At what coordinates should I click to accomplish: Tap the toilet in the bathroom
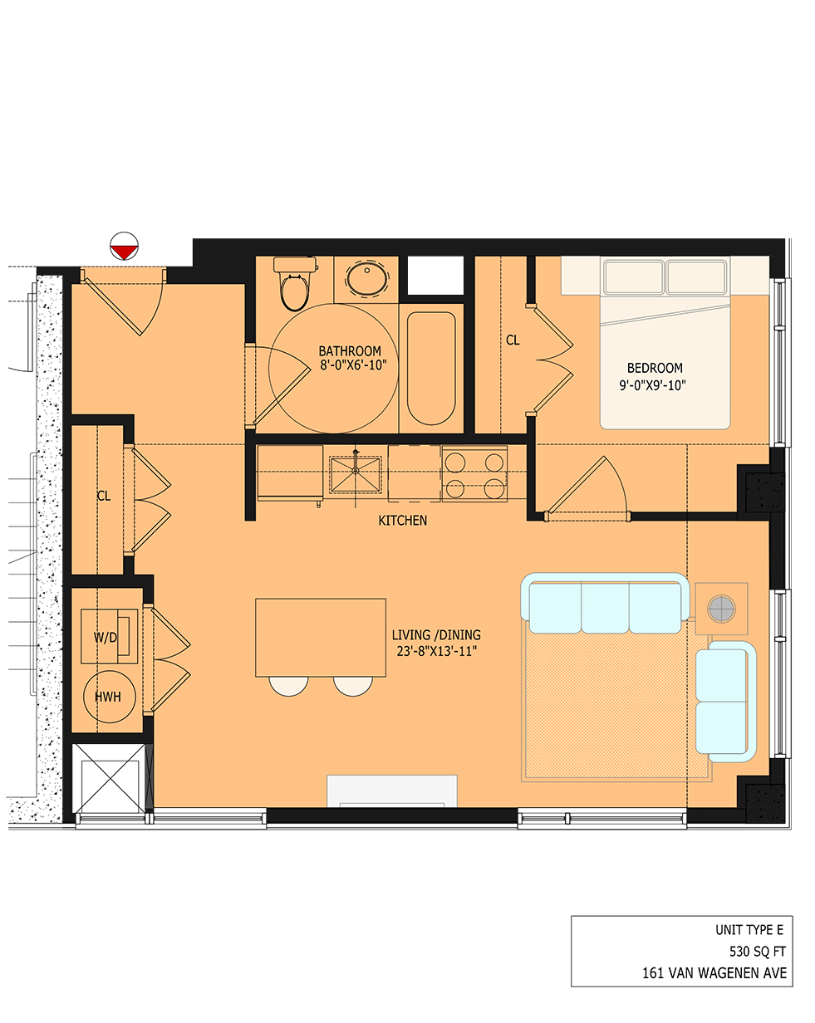[294, 285]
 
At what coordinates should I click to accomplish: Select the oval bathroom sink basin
[366, 279]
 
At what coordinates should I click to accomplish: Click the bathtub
[430, 368]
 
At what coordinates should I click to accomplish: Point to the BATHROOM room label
[350, 351]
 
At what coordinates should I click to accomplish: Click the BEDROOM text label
[655, 368]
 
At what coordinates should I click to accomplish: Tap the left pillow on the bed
[634, 277]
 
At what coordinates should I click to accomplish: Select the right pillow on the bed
[696, 277]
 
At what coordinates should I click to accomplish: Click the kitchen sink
[355, 473]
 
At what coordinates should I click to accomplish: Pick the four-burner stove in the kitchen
[474, 473]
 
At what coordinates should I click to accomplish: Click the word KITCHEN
[402, 521]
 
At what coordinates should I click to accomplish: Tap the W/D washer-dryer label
[106, 638]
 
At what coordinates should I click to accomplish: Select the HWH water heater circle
[108, 697]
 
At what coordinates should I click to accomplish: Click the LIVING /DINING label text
[436, 635]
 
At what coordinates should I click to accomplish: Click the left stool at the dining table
[288, 685]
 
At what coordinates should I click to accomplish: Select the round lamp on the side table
[721, 609]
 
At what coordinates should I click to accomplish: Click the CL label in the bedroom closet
[513, 340]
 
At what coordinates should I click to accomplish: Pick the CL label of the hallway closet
[103, 497]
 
